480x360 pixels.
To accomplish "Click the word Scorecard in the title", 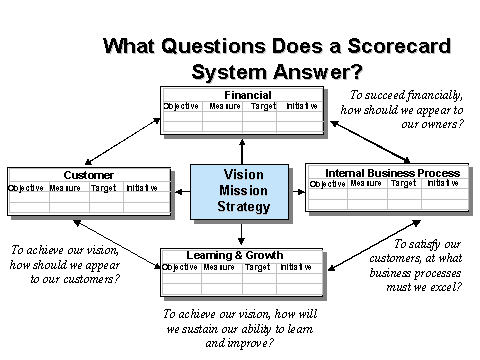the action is pos(399,46).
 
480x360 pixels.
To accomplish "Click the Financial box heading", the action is pos(248,95).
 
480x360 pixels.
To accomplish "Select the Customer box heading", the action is pos(89,175).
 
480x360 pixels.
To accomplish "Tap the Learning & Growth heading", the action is pos(235,255).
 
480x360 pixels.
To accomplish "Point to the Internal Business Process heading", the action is pos(393,173).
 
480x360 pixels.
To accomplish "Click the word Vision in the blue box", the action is pos(243,174).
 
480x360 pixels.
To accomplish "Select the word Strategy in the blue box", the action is pos(244,207).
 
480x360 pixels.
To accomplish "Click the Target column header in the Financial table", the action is pos(263,106).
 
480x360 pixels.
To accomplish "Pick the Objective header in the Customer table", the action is pos(26,188).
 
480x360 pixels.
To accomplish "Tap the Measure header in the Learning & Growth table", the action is pos(219,267).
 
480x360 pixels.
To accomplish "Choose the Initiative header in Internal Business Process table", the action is pos(443,183).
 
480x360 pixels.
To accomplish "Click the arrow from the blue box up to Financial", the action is pos(242,152).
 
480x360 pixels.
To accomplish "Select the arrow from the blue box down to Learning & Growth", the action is pos(242,234).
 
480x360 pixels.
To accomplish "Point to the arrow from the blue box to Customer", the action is pos(182,192).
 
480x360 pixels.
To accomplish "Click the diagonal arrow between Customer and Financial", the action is pos(123,141).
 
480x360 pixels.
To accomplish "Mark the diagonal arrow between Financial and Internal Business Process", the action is pos(370,142).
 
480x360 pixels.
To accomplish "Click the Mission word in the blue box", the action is pos(243,190).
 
